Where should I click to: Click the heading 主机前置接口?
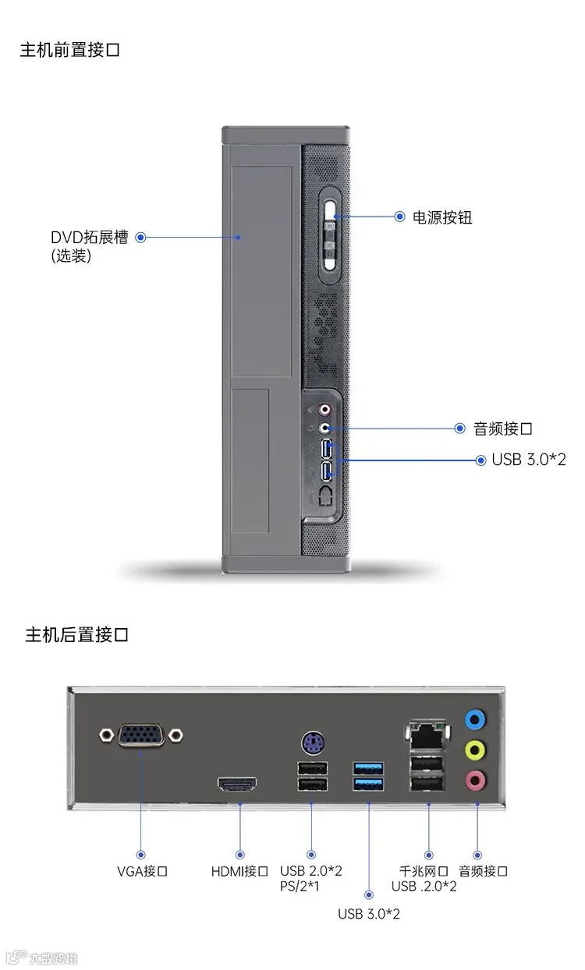[x=69, y=51]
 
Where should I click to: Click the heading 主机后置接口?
[x=76, y=635]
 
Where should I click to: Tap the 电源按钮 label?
[x=442, y=217]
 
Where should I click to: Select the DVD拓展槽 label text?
[x=89, y=237]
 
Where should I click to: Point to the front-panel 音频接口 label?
[x=503, y=429]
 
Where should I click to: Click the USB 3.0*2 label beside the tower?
[x=528, y=460]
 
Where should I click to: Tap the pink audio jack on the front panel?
[x=326, y=409]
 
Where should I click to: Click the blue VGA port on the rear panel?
[x=141, y=734]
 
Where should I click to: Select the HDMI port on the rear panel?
[x=237, y=785]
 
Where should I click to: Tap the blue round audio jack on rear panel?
[x=474, y=718]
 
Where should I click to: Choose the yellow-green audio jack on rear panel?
[x=474, y=750]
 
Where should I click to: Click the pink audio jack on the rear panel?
[x=474, y=779]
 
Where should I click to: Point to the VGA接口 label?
[x=142, y=871]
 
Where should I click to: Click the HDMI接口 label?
[x=239, y=871]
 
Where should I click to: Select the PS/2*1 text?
[x=300, y=887]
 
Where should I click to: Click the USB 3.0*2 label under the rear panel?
[x=368, y=914]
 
